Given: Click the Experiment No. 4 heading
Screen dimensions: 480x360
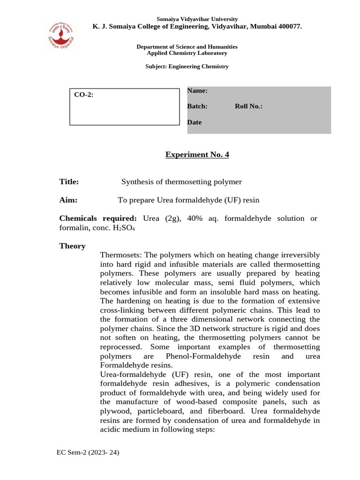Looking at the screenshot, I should [x=197, y=155].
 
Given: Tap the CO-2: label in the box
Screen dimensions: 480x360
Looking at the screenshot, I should [x=84, y=95].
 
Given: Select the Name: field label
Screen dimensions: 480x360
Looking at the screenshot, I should [x=197, y=90].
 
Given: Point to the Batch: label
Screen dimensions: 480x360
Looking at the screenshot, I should [x=197, y=106].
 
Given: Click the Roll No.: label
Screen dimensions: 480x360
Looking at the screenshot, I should [x=248, y=106].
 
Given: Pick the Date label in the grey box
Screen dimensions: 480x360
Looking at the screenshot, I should [x=195, y=122].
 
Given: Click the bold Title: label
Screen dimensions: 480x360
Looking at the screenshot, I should [x=69, y=182].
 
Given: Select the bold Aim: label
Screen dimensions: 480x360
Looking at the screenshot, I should [x=68, y=200].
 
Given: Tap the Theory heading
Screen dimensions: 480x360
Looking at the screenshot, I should [x=72, y=246].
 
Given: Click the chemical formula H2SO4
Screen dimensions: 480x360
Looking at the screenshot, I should [x=124, y=228].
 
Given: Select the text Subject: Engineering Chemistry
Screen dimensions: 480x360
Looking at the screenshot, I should [x=187, y=67].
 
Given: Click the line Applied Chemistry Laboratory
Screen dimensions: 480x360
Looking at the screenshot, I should [x=187, y=53].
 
